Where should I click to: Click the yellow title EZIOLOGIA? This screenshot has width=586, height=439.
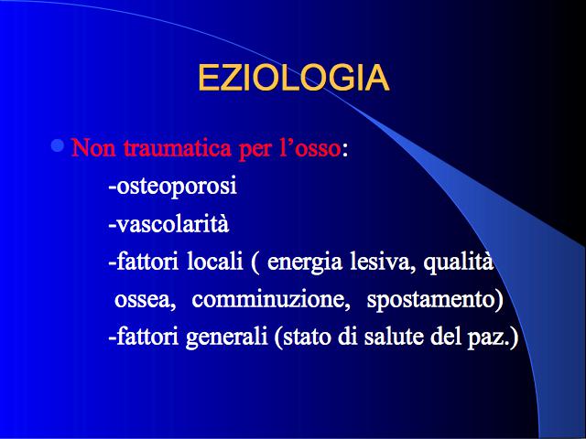[293, 78]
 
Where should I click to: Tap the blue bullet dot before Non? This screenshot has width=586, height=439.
[57, 145]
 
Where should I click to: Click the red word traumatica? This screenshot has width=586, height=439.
[178, 147]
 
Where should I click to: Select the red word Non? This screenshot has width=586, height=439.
[94, 147]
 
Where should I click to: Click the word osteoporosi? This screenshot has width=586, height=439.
[177, 186]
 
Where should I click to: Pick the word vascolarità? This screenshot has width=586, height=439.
[172, 224]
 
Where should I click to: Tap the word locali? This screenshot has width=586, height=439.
[215, 262]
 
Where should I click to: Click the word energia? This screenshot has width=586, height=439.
[305, 262]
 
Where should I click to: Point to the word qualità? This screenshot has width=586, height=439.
[459, 262]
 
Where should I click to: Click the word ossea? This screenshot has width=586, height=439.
[145, 300]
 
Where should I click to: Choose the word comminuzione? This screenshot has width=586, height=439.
[271, 300]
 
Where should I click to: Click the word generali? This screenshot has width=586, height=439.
[226, 337]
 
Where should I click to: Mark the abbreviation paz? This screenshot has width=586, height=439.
[489, 337]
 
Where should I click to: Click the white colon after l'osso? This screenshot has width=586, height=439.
[345, 150]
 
